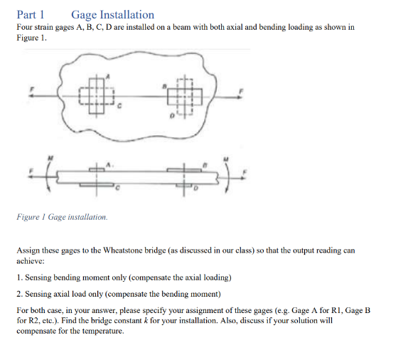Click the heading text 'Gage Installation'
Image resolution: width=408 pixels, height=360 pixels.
112,14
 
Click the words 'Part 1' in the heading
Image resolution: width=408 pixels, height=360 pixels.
31,14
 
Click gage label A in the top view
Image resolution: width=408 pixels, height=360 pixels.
108,74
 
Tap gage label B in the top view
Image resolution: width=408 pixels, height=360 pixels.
164,85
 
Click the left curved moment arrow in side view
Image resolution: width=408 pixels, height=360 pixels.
47,174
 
